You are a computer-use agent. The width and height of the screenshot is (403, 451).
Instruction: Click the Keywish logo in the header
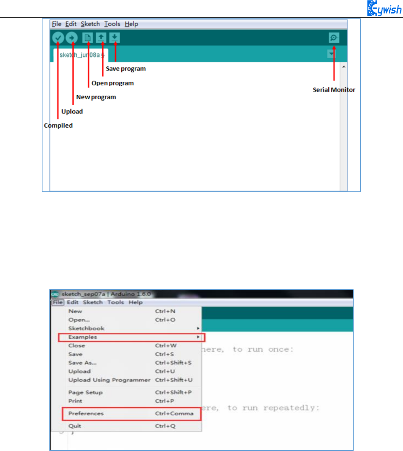(384, 8)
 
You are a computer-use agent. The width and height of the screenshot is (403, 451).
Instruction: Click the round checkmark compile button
(58, 38)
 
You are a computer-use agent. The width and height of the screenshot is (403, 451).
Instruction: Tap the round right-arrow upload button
(72, 38)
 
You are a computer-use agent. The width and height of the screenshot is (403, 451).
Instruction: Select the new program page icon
(88, 38)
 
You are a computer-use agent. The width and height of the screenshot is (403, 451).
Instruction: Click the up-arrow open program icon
(101, 38)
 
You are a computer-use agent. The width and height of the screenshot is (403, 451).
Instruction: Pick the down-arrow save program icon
(114, 38)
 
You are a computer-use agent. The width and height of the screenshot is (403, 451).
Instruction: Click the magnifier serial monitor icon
(334, 38)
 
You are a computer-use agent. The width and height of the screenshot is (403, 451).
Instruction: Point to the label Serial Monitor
(334, 90)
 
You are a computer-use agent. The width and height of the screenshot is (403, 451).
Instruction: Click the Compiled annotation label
(58, 125)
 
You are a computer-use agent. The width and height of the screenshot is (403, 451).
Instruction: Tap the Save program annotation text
(126, 69)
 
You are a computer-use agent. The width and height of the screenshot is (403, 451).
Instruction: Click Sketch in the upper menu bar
(90, 24)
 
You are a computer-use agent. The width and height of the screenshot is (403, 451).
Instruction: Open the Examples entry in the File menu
(83, 337)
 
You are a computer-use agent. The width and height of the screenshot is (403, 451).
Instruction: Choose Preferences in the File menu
(86, 413)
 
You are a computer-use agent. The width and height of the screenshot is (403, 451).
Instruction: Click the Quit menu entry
(75, 426)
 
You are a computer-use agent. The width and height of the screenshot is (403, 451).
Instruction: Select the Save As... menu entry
(82, 362)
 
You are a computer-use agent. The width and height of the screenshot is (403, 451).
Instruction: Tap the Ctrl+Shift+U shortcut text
(174, 380)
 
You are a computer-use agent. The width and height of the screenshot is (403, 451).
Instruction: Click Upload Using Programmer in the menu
(109, 380)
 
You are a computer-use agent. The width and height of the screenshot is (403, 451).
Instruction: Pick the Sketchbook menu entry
(86, 328)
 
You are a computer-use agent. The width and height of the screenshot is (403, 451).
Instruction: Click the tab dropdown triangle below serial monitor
(331, 54)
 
